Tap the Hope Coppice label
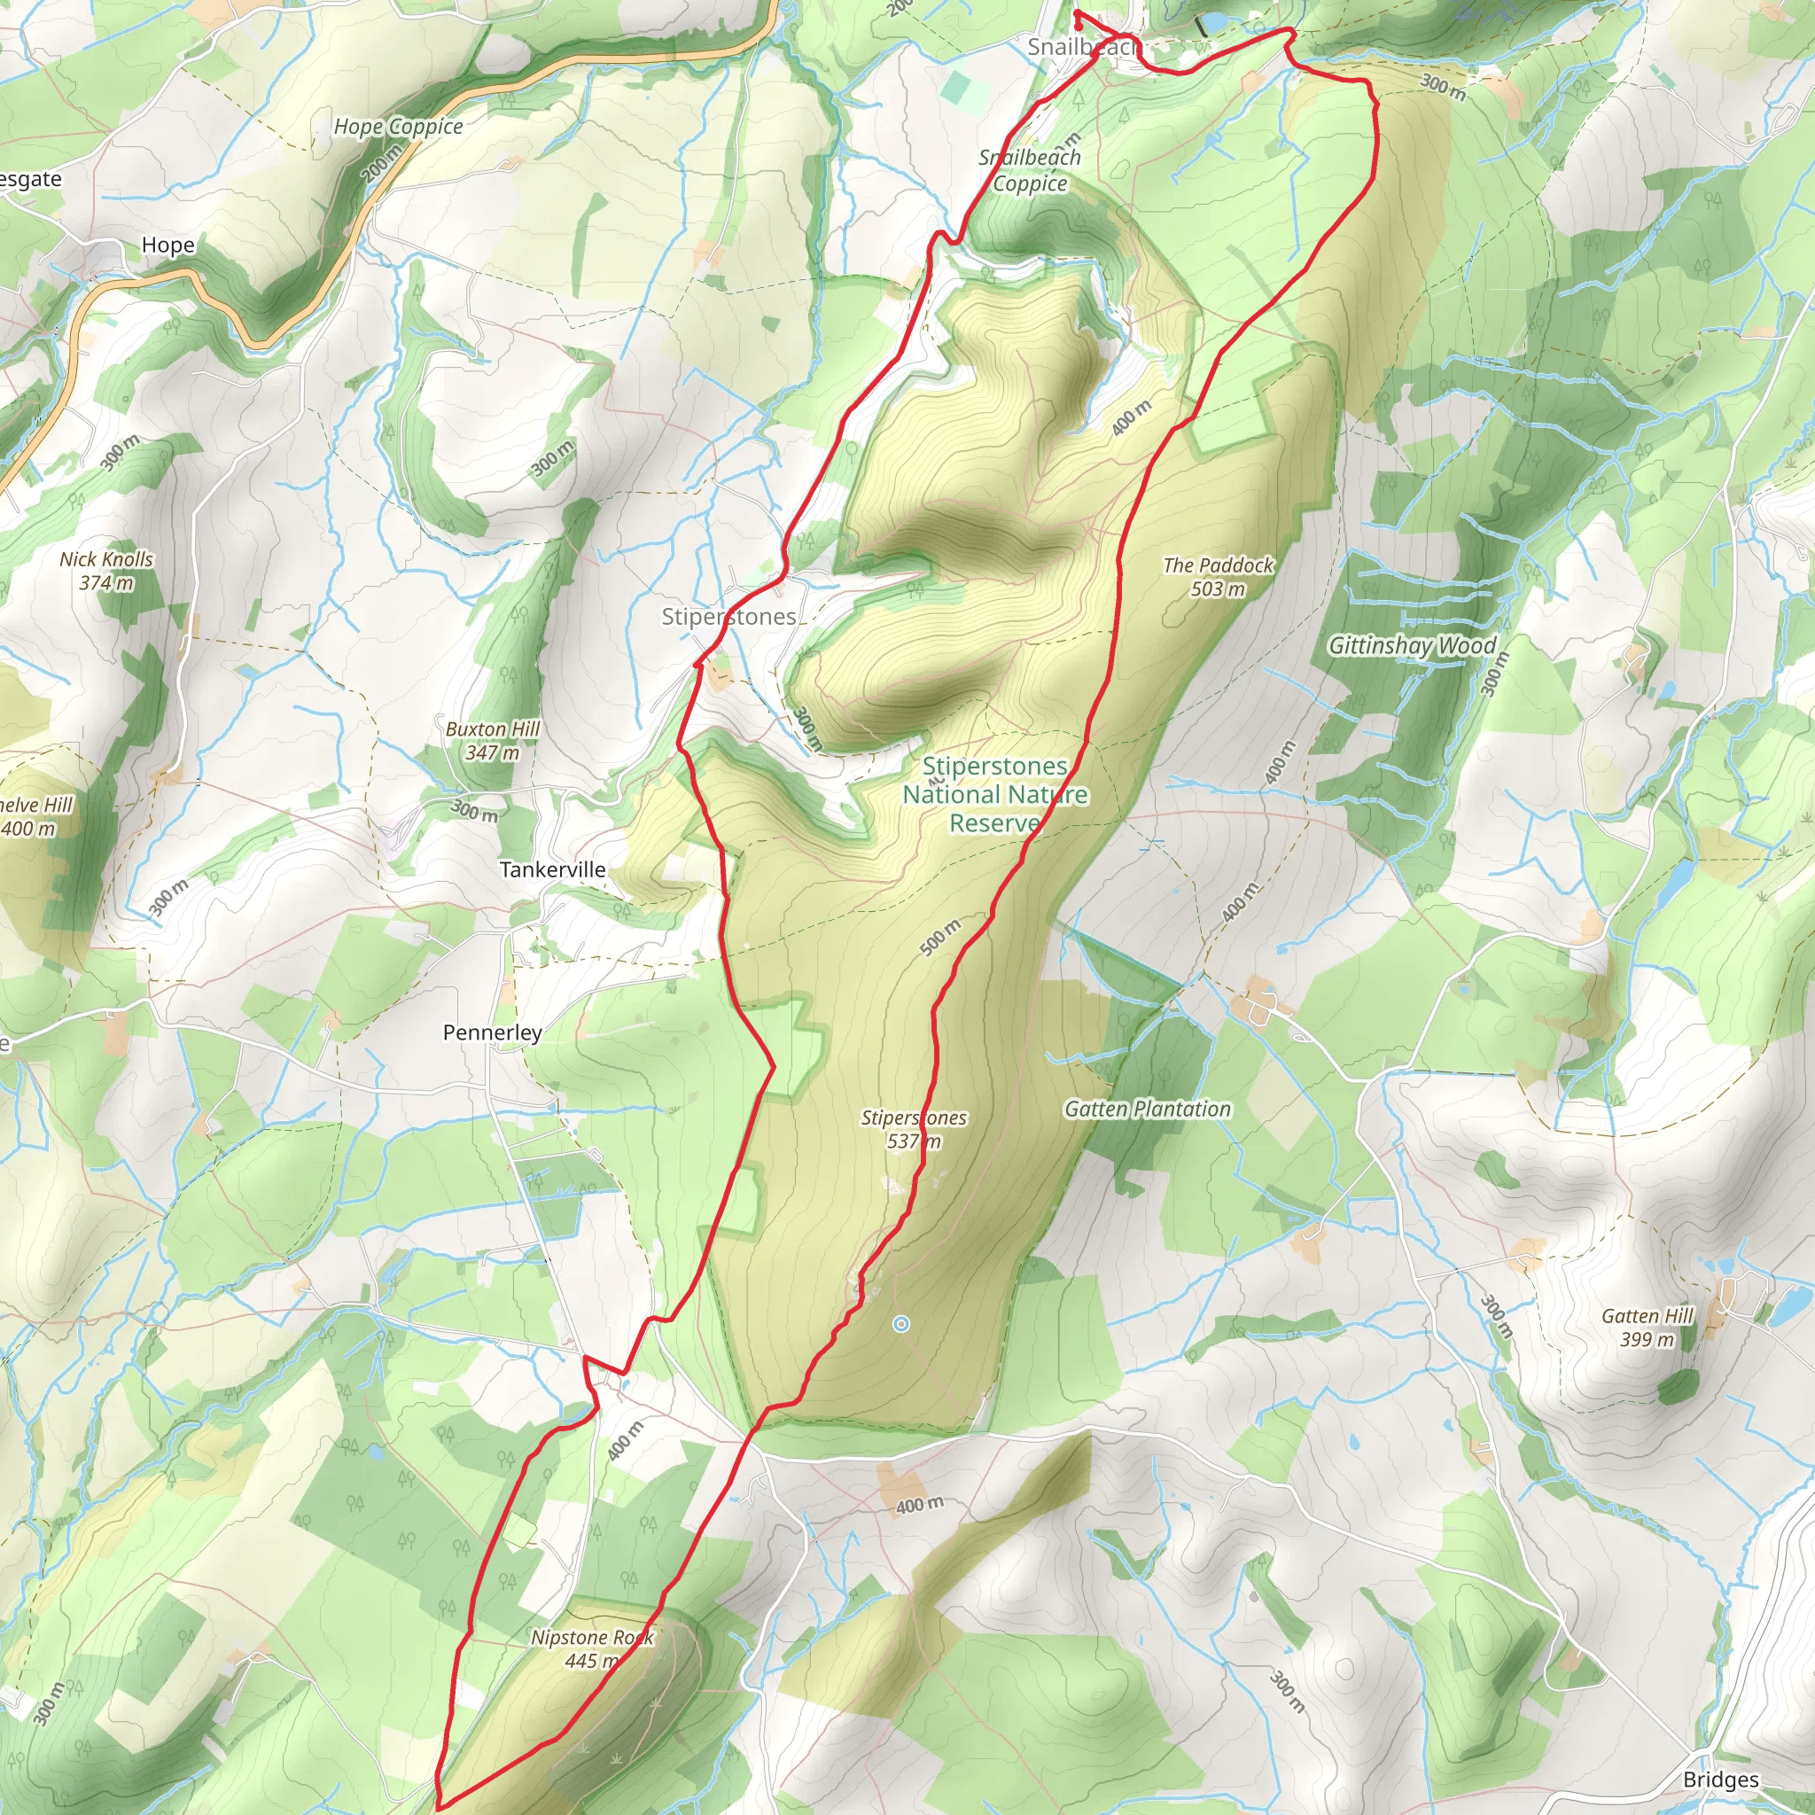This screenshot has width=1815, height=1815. (398, 127)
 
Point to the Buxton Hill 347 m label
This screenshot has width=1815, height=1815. (492, 740)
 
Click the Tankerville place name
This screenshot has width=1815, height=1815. (552, 870)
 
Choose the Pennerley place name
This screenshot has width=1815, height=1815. (492, 1032)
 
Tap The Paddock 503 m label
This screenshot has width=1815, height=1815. (1218, 577)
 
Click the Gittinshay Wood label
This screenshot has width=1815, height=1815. (1411, 645)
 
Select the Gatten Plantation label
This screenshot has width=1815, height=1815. (1147, 1110)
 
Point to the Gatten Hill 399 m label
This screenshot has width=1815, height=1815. (1647, 1328)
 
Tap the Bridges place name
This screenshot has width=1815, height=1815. (1721, 1780)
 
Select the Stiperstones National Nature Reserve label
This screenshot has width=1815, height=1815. (995, 795)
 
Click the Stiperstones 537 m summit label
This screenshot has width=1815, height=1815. (913, 1129)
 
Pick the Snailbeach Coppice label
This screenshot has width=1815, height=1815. (1030, 170)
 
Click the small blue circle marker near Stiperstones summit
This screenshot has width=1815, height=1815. (901, 1324)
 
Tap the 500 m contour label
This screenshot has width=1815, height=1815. (940, 938)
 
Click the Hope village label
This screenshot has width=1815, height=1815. (168, 245)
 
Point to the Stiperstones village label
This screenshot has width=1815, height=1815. (729, 617)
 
